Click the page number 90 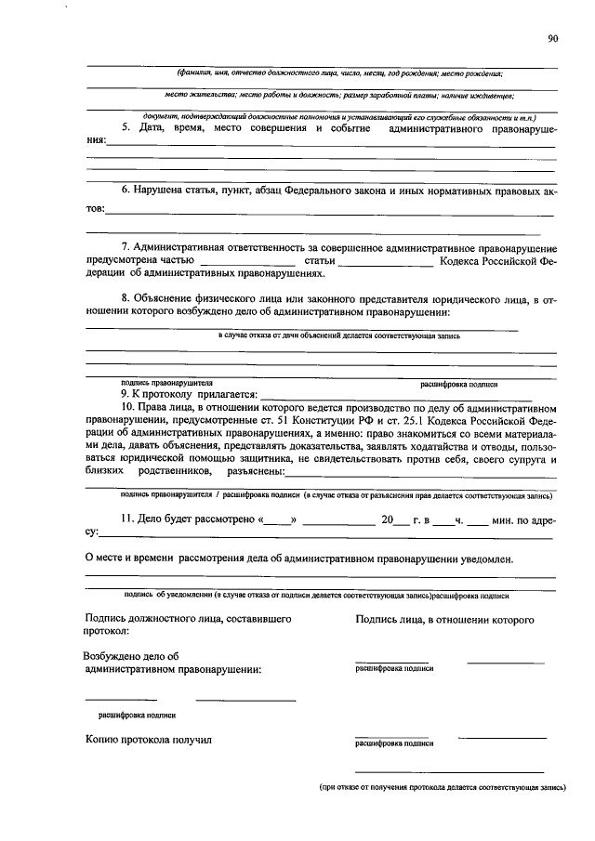pyautogui.click(x=553, y=38)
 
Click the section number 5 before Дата pyautogui.click(x=125, y=127)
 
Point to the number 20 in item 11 pyautogui.click(x=389, y=519)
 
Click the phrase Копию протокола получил pyautogui.click(x=149, y=740)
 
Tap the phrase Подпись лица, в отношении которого pyautogui.click(x=444, y=618)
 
